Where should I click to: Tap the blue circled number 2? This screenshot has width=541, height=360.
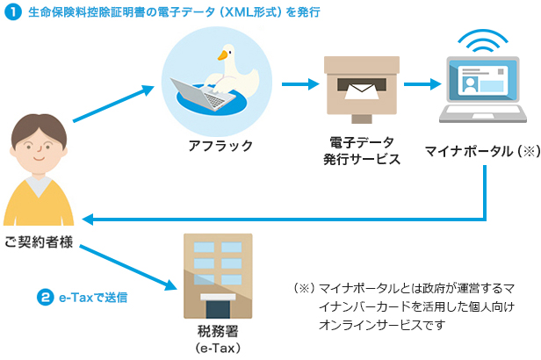pos(45,297)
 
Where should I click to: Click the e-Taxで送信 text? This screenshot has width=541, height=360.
pos(94,298)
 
